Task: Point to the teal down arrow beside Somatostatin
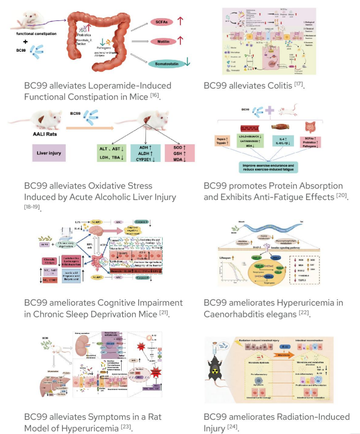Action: pos(188,61)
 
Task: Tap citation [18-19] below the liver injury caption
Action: pos(32,207)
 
